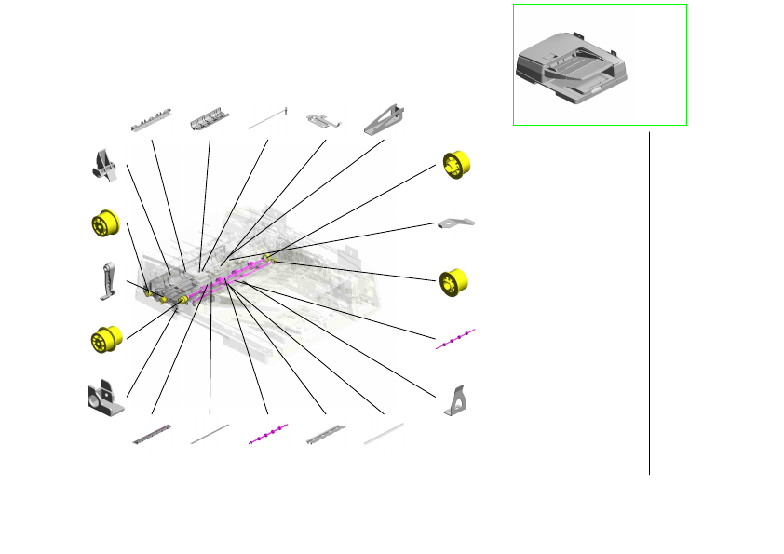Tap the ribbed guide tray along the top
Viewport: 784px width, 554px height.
tap(210, 119)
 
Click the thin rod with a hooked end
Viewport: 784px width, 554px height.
tap(268, 118)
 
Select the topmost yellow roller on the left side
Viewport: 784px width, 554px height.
tap(106, 225)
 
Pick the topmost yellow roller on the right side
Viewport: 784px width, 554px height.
tap(457, 166)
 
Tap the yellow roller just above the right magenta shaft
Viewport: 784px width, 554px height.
tap(454, 280)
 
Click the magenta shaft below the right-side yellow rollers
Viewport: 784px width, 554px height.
tap(455, 339)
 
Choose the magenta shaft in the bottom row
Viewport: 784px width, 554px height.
tap(268, 435)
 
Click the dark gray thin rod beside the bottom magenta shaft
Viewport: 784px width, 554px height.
tap(210, 435)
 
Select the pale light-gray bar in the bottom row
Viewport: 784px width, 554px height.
tap(384, 434)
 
